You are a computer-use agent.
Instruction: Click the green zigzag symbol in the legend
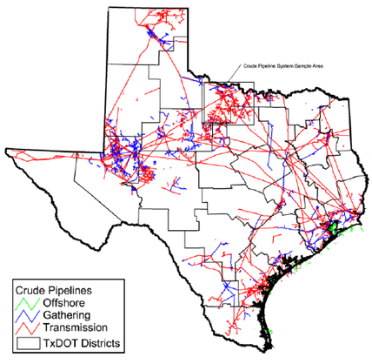coord(21,300)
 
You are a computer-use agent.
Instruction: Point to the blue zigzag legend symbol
coord(21,313)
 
